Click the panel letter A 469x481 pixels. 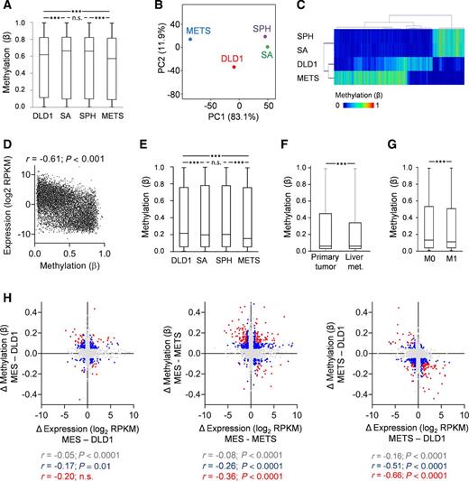click(6, 6)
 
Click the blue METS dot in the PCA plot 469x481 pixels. click(189, 40)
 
